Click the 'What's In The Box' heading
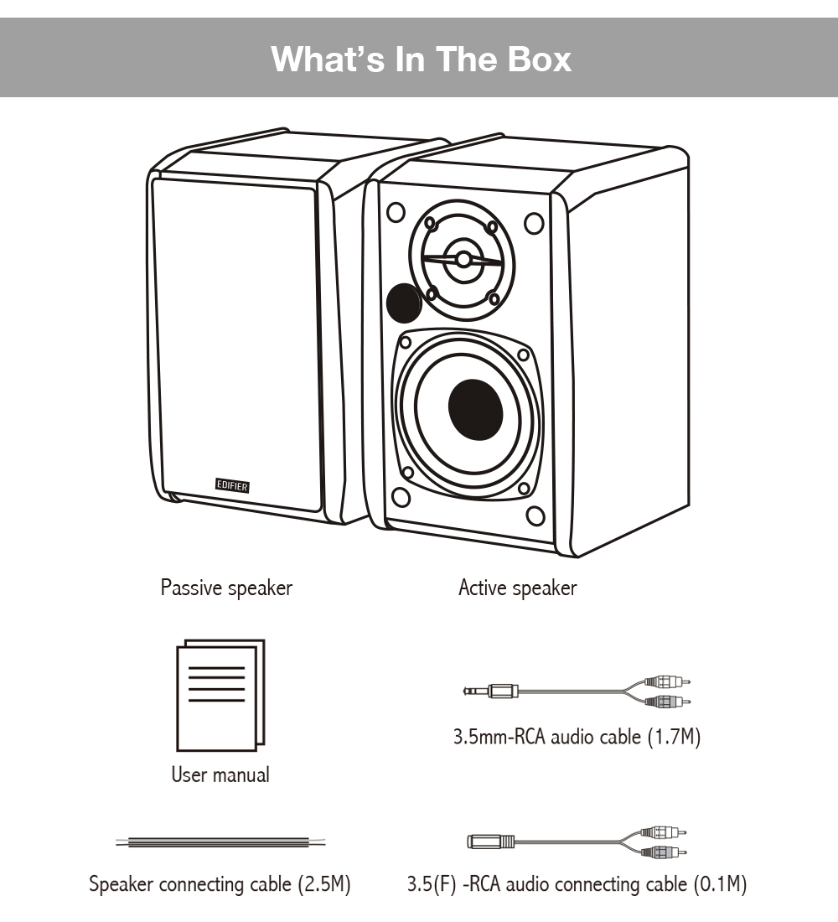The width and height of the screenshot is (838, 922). click(x=422, y=60)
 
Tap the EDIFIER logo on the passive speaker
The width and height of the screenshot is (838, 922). click(x=232, y=484)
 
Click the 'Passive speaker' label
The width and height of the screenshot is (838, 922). click(x=226, y=588)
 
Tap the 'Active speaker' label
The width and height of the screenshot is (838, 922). click(x=517, y=588)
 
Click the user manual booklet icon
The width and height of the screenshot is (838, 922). click(x=220, y=695)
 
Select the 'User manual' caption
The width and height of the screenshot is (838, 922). click(x=220, y=774)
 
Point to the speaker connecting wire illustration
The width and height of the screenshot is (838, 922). click(x=220, y=842)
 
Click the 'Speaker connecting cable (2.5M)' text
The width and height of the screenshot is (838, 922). click(x=220, y=883)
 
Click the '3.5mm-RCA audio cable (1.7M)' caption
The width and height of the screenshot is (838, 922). click(x=576, y=738)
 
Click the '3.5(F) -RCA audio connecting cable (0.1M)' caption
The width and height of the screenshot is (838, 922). click(x=577, y=883)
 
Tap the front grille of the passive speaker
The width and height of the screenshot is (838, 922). click(x=235, y=344)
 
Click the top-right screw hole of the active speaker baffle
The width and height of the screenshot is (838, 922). click(x=533, y=224)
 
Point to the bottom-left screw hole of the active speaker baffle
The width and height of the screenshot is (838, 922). click(x=401, y=497)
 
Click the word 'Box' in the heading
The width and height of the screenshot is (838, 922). click(x=540, y=60)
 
